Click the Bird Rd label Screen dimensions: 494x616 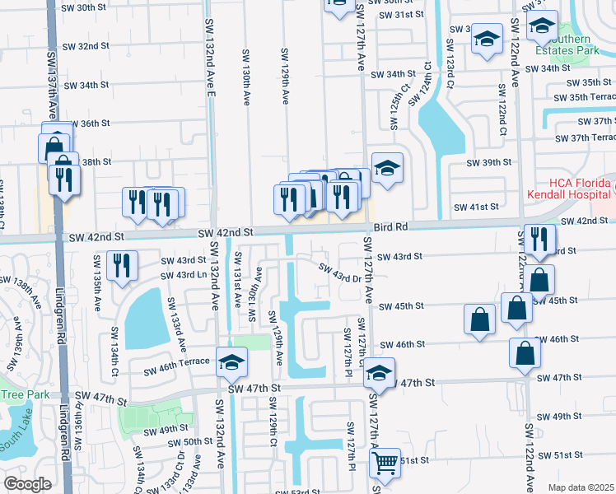[391, 226]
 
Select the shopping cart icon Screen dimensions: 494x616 [385, 464]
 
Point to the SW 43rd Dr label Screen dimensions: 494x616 [340, 271]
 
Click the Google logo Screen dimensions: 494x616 [27, 483]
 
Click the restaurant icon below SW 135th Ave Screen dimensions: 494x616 [122, 265]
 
